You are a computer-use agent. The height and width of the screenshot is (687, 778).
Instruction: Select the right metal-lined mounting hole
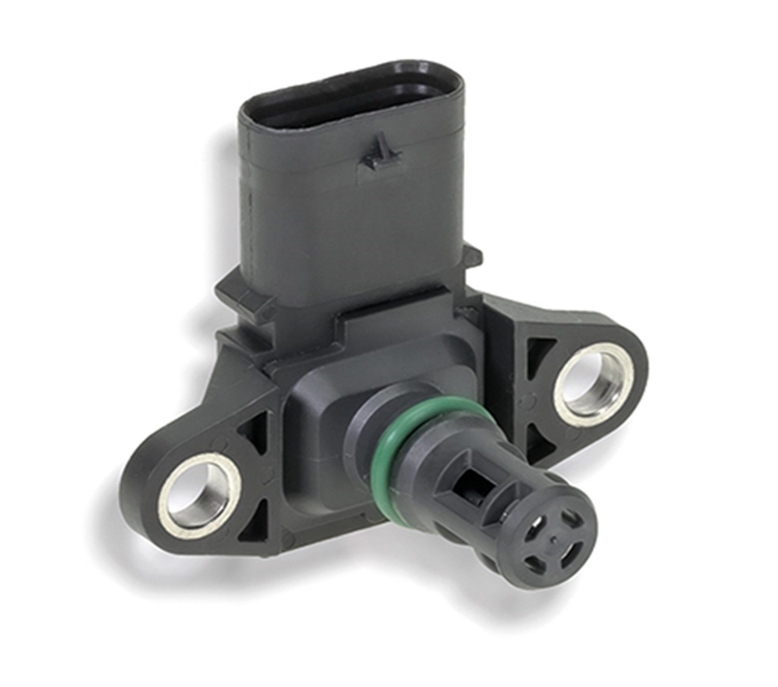click(593, 384)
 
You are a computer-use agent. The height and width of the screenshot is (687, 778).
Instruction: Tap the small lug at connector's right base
click(472, 256)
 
